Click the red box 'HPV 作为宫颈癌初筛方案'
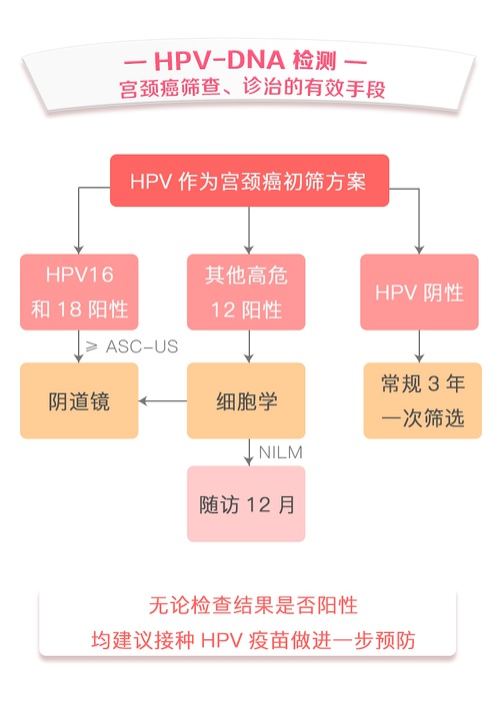pos(249,181)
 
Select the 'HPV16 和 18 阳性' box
pos(79,292)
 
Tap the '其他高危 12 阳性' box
pos(246,292)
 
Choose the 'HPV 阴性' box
pos(419,292)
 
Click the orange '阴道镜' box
pos(79,400)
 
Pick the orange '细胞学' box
pos(246,400)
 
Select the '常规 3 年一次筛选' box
pos(423,400)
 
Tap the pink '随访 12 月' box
pos(246,504)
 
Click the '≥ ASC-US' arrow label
pos(132,347)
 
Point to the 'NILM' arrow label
pos(280,452)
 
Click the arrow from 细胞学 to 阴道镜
pos(163,400)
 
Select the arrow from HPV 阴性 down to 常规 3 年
pos(419,347)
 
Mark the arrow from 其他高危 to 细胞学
pos(249,347)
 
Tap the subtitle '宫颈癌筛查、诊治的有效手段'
pos(252,88)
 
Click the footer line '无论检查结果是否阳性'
pos(253,605)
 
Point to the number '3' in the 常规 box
pos(433,383)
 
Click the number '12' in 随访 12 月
pos(259,504)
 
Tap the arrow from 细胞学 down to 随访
pos(249,452)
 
